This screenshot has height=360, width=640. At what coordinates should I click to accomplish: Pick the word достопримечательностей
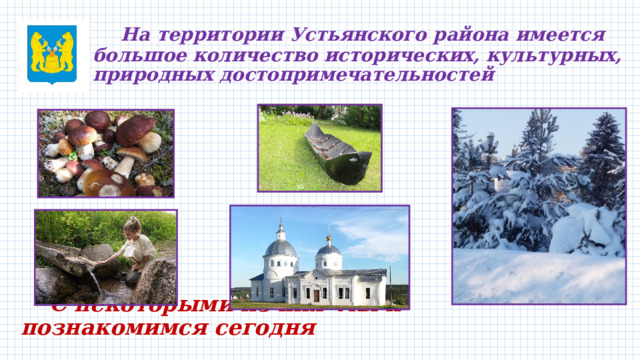coord(365,75)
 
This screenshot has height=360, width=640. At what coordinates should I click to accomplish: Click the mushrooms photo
coord(105,152)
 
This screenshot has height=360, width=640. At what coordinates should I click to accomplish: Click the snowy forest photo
coord(538,204)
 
